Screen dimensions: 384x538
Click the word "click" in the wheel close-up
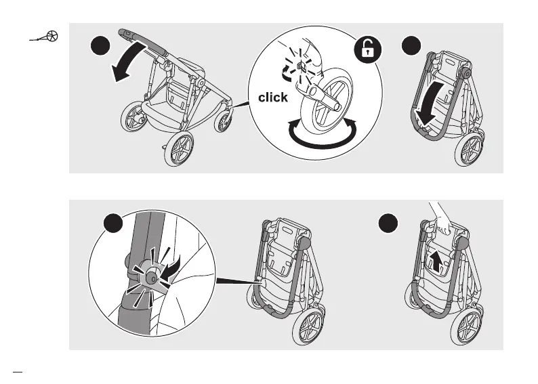pos(272,98)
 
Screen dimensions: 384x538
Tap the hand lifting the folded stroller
pos(442,221)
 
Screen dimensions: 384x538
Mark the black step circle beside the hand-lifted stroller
pos(388,225)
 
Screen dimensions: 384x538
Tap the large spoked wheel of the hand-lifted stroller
pos(472,330)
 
